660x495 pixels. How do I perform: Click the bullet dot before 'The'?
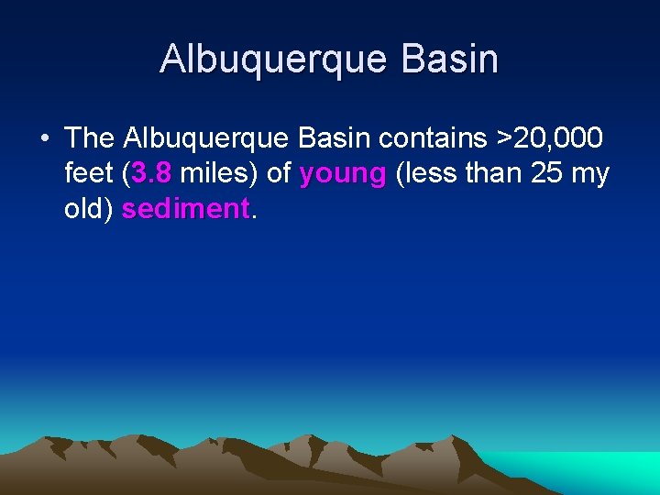point(44,139)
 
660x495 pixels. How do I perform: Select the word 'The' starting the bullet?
point(89,138)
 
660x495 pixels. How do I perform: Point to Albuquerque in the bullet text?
point(209,139)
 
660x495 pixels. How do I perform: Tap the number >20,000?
point(549,138)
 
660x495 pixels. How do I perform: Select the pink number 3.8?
point(151,173)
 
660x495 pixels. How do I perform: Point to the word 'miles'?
point(219,173)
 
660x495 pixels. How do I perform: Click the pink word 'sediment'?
point(185,208)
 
